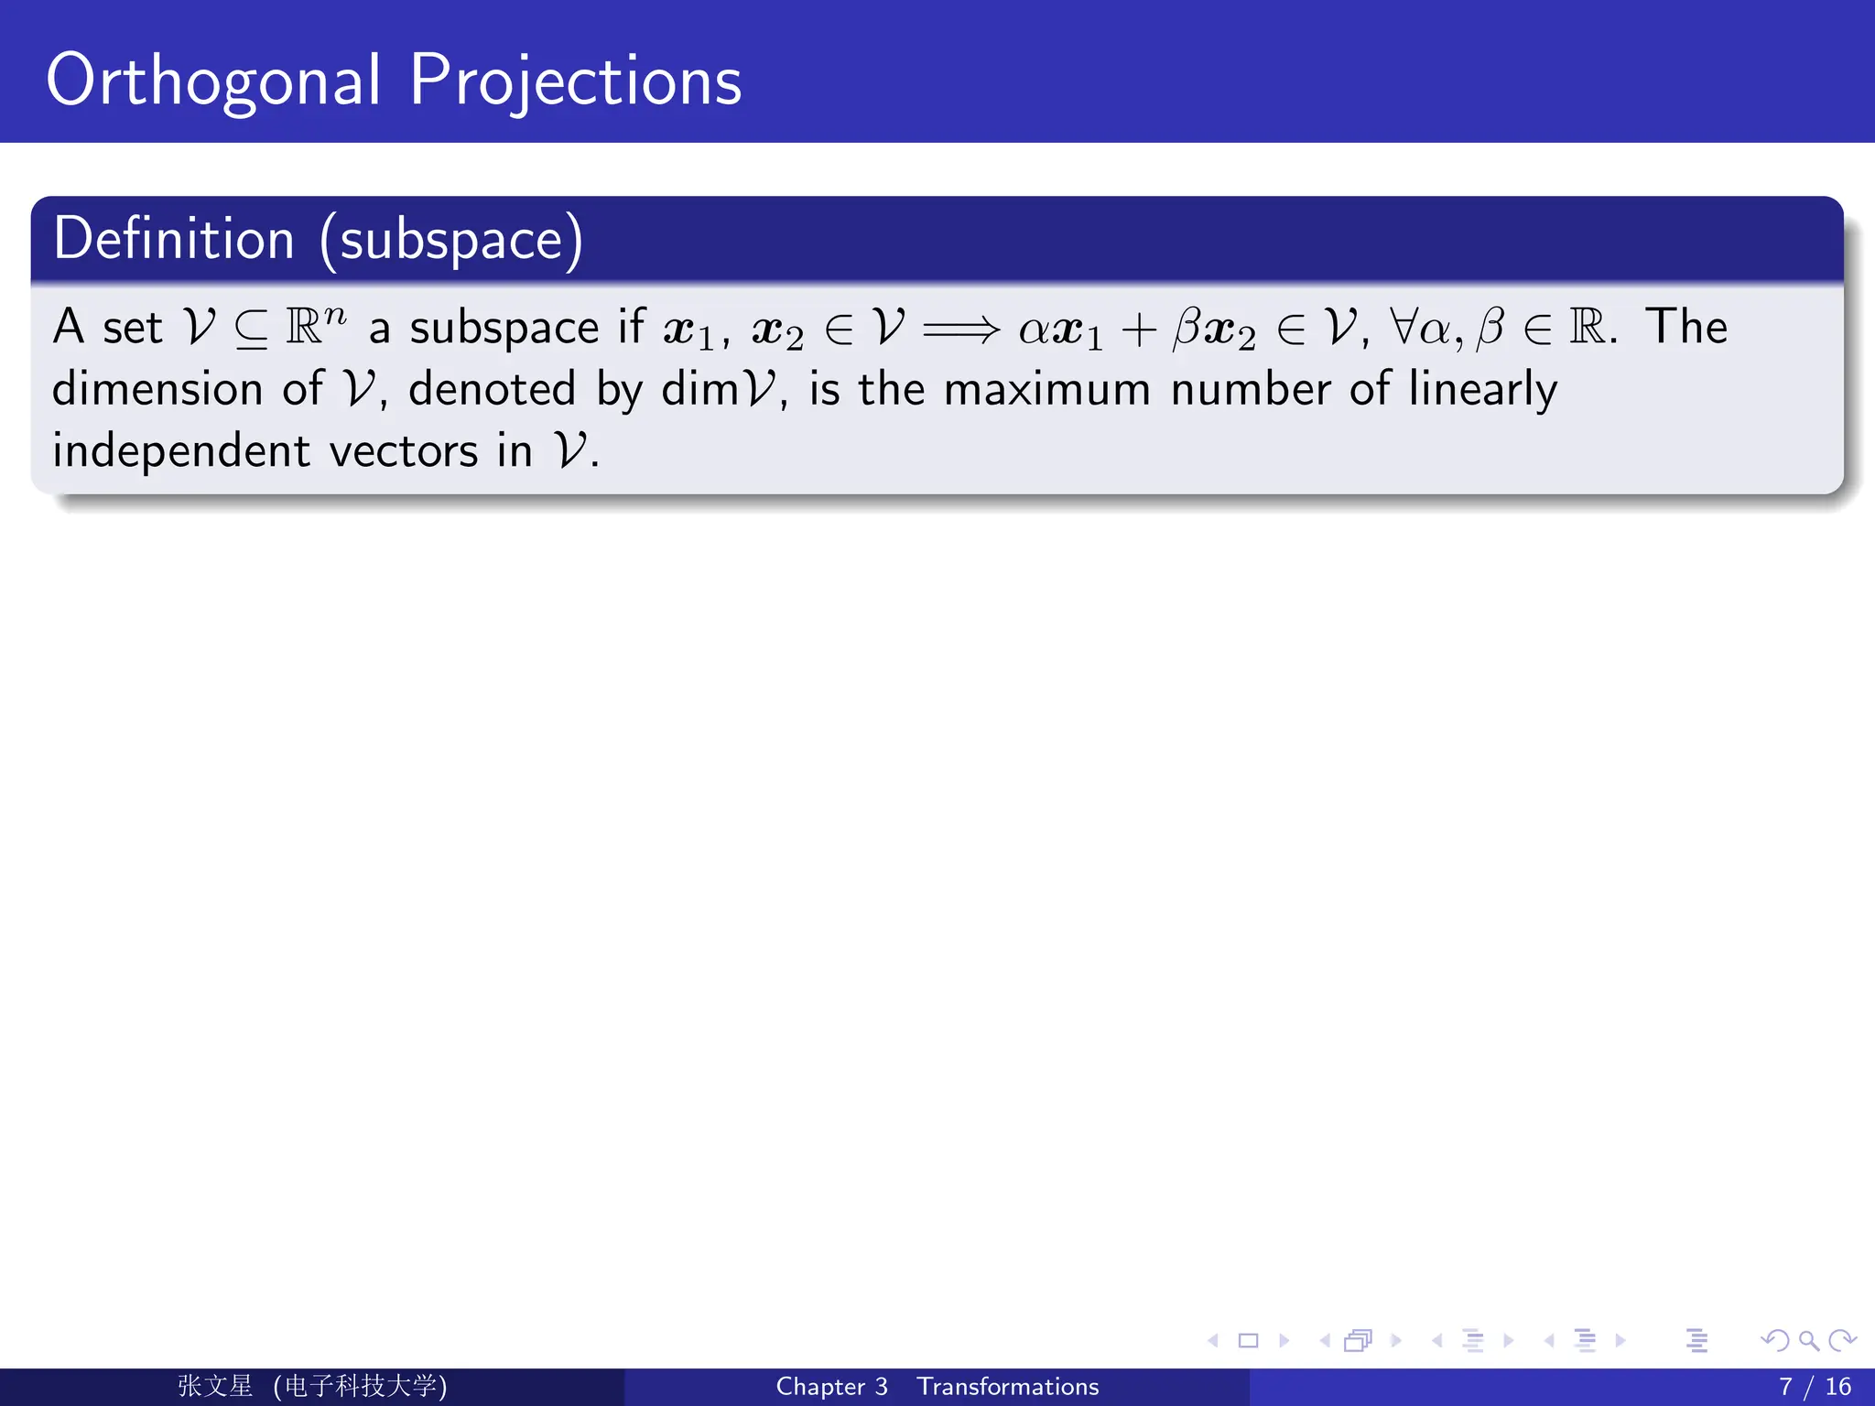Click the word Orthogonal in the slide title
coord(212,82)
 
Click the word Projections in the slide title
coord(575,82)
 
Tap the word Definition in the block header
coord(174,239)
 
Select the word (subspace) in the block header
coord(450,241)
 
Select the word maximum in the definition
coord(1046,390)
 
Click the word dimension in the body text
coord(157,390)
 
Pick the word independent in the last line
coord(181,452)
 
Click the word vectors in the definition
coord(403,452)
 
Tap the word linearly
coord(1482,390)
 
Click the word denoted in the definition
coord(492,390)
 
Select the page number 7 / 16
coord(1815,1387)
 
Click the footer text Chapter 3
coord(831,1387)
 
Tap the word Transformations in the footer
coord(1007,1387)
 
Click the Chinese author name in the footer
coord(215,1386)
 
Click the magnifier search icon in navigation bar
coord(1808,1341)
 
